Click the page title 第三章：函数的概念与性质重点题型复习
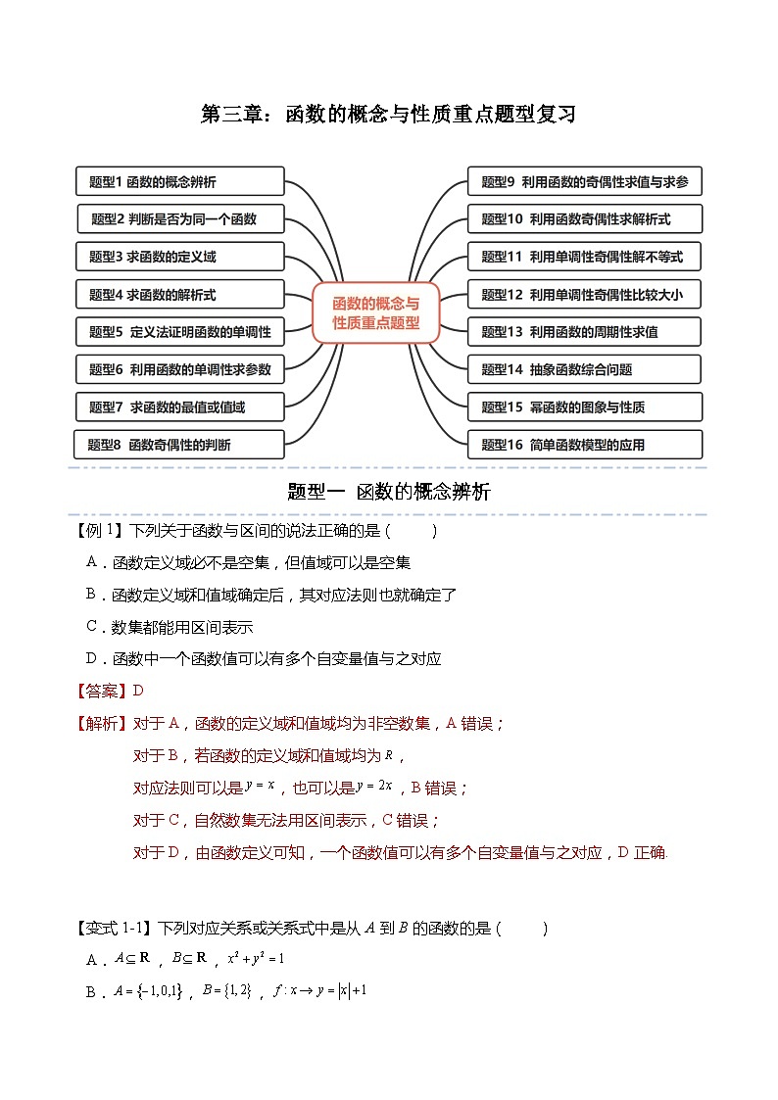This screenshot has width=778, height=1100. [x=388, y=115]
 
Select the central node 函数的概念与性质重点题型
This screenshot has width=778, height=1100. [x=375, y=312]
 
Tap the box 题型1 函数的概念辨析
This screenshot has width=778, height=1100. [x=180, y=181]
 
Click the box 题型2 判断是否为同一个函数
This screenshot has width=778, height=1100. [x=180, y=218]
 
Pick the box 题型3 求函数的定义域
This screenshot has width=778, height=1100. [x=180, y=257]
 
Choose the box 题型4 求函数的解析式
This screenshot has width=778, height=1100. [x=180, y=294]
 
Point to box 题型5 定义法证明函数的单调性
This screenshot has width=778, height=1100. [x=180, y=332]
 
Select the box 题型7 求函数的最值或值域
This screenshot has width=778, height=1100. [x=180, y=407]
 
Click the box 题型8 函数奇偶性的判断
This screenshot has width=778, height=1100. [x=180, y=444]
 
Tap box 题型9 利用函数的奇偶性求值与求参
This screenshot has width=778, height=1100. [x=585, y=181]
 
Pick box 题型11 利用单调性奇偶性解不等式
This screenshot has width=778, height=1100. [x=585, y=257]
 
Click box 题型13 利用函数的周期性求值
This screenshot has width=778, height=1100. [x=585, y=332]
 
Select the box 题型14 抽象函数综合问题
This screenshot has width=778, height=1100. [x=585, y=369]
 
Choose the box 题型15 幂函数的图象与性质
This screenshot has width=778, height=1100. [x=585, y=407]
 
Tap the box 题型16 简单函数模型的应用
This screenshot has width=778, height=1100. [x=585, y=444]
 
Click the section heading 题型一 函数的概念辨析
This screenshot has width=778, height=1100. [x=388, y=493]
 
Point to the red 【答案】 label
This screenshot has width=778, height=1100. [x=102, y=691]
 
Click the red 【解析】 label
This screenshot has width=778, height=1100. [x=102, y=724]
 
